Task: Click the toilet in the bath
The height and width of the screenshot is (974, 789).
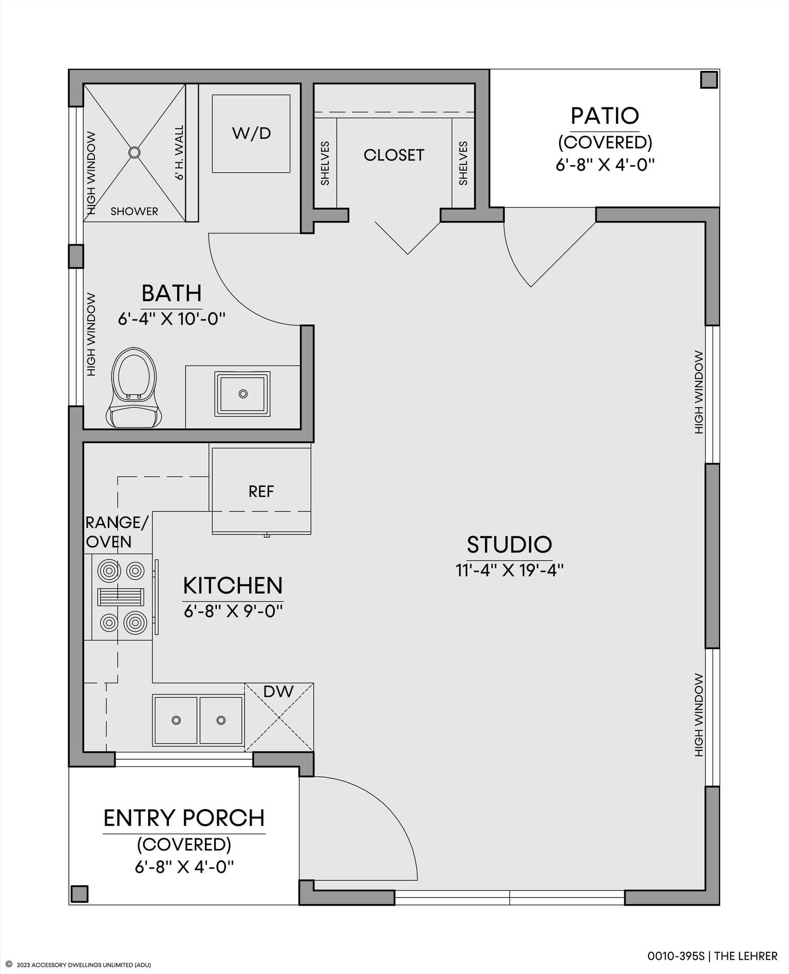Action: coord(134,388)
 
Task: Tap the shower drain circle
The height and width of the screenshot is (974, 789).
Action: coord(134,152)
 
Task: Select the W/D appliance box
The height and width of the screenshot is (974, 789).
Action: coord(251,134)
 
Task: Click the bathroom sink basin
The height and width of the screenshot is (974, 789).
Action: coord(243,394)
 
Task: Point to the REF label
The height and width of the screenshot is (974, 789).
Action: coord(261,492)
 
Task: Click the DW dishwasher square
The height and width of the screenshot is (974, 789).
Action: coord(279,718)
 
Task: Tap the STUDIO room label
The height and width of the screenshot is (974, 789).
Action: coord(509,544)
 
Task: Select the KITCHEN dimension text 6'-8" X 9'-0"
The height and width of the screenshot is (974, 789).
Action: coord(233,611)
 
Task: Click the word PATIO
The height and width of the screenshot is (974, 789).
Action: coord(605,116)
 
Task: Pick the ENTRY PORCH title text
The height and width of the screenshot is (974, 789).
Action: coord(184,818)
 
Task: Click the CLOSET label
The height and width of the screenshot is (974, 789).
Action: coord(394,155)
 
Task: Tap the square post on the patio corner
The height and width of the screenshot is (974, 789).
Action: coord(709,80)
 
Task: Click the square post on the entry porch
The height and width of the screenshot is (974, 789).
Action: coord(80,894)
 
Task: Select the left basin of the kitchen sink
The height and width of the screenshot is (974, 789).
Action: coord(176,720)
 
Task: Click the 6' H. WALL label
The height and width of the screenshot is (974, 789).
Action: coord(179,153)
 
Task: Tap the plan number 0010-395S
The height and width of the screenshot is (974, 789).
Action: coord(676,956)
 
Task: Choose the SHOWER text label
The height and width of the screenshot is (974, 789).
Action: coord(134,211)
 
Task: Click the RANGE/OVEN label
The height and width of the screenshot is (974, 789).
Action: coord(117,532)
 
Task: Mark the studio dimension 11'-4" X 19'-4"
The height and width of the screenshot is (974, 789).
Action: coord(510,570)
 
